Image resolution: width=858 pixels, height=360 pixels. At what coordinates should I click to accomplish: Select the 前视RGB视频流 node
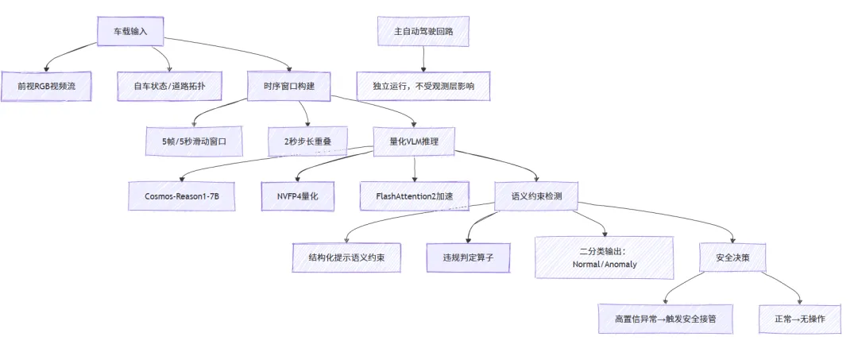click(45, 86)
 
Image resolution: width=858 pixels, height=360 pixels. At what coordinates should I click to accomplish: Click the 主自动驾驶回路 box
click(423, 31)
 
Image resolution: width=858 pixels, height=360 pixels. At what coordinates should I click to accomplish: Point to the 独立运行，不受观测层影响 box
click(423, 86)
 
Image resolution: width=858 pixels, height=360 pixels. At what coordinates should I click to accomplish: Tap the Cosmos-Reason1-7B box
click(182, 195)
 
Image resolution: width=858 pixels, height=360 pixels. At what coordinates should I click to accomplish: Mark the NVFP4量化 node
click(297, 195)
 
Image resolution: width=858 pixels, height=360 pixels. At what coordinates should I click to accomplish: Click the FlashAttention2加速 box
click(414, 195)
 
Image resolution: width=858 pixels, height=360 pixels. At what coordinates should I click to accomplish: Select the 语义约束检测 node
click(536, 195)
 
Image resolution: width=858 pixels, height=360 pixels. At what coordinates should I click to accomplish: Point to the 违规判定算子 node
click(466, 257)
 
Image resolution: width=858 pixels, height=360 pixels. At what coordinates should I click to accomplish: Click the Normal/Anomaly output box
click(604, 257)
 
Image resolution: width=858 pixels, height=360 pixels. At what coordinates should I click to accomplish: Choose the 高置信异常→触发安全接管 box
click(664, 319)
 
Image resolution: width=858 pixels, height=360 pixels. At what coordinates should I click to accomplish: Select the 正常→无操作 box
click(798, 319)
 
